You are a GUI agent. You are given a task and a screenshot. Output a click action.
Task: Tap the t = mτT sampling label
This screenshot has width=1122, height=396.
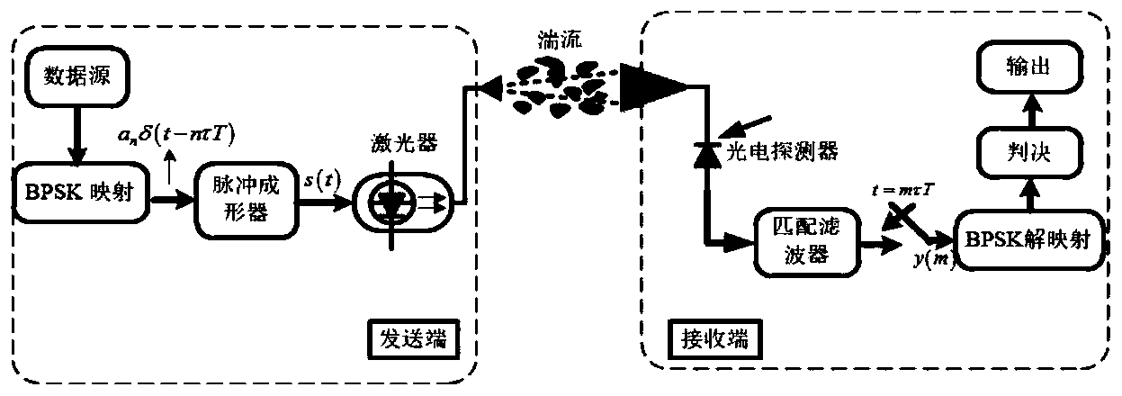coord(919,191)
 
